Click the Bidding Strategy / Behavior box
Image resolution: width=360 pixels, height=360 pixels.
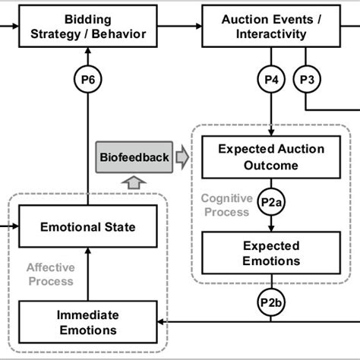click(88, 26)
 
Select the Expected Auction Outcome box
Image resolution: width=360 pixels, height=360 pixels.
click(271, 157)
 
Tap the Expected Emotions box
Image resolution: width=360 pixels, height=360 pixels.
click(271, 254)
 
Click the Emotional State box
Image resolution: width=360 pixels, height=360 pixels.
click(88, 226)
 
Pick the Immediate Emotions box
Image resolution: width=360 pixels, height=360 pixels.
click(88, 322)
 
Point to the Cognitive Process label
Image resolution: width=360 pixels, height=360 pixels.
click(224, 205)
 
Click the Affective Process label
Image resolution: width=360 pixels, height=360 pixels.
click(50, 274)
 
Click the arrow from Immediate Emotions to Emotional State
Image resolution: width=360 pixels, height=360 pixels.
click(88, 273)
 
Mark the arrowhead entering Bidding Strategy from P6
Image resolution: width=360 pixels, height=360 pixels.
click(88, 51)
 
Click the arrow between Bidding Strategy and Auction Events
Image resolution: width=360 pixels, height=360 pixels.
click(180, 26)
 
